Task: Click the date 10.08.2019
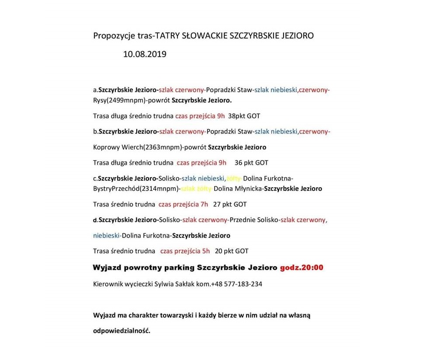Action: (x=145, y=55)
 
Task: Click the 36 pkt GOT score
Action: (x=251, y=162)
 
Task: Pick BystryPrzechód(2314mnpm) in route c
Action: (x=136, y=189)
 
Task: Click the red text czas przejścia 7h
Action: (x=183, y=204)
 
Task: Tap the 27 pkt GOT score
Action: (x=230, y=204)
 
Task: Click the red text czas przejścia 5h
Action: (x=185, y=251)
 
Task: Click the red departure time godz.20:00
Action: (x=302, y=267)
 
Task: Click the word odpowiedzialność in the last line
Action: (x=121, y=331)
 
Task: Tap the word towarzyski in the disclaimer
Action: (x=173, y=315)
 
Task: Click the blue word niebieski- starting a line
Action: (x=107, y=235)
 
